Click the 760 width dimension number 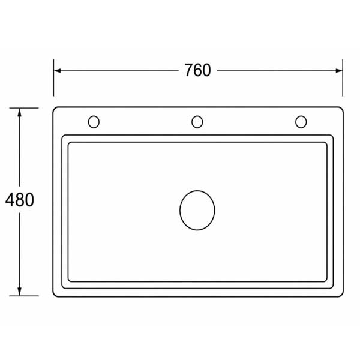coord(197,70)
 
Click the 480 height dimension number coord(20,200)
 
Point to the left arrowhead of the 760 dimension coord(57,71)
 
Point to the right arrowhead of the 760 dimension coord(339,71)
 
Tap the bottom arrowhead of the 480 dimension coord(20,292)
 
